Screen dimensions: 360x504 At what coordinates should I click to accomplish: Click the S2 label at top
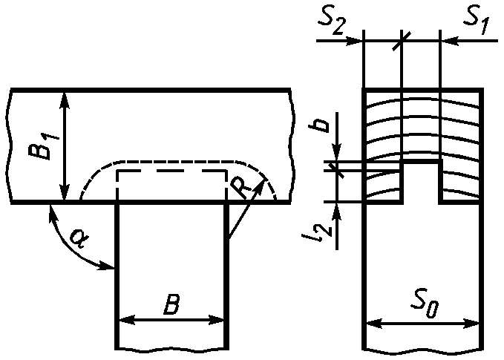[333, 19]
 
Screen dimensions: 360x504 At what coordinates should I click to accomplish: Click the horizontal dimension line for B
[171, 320]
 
